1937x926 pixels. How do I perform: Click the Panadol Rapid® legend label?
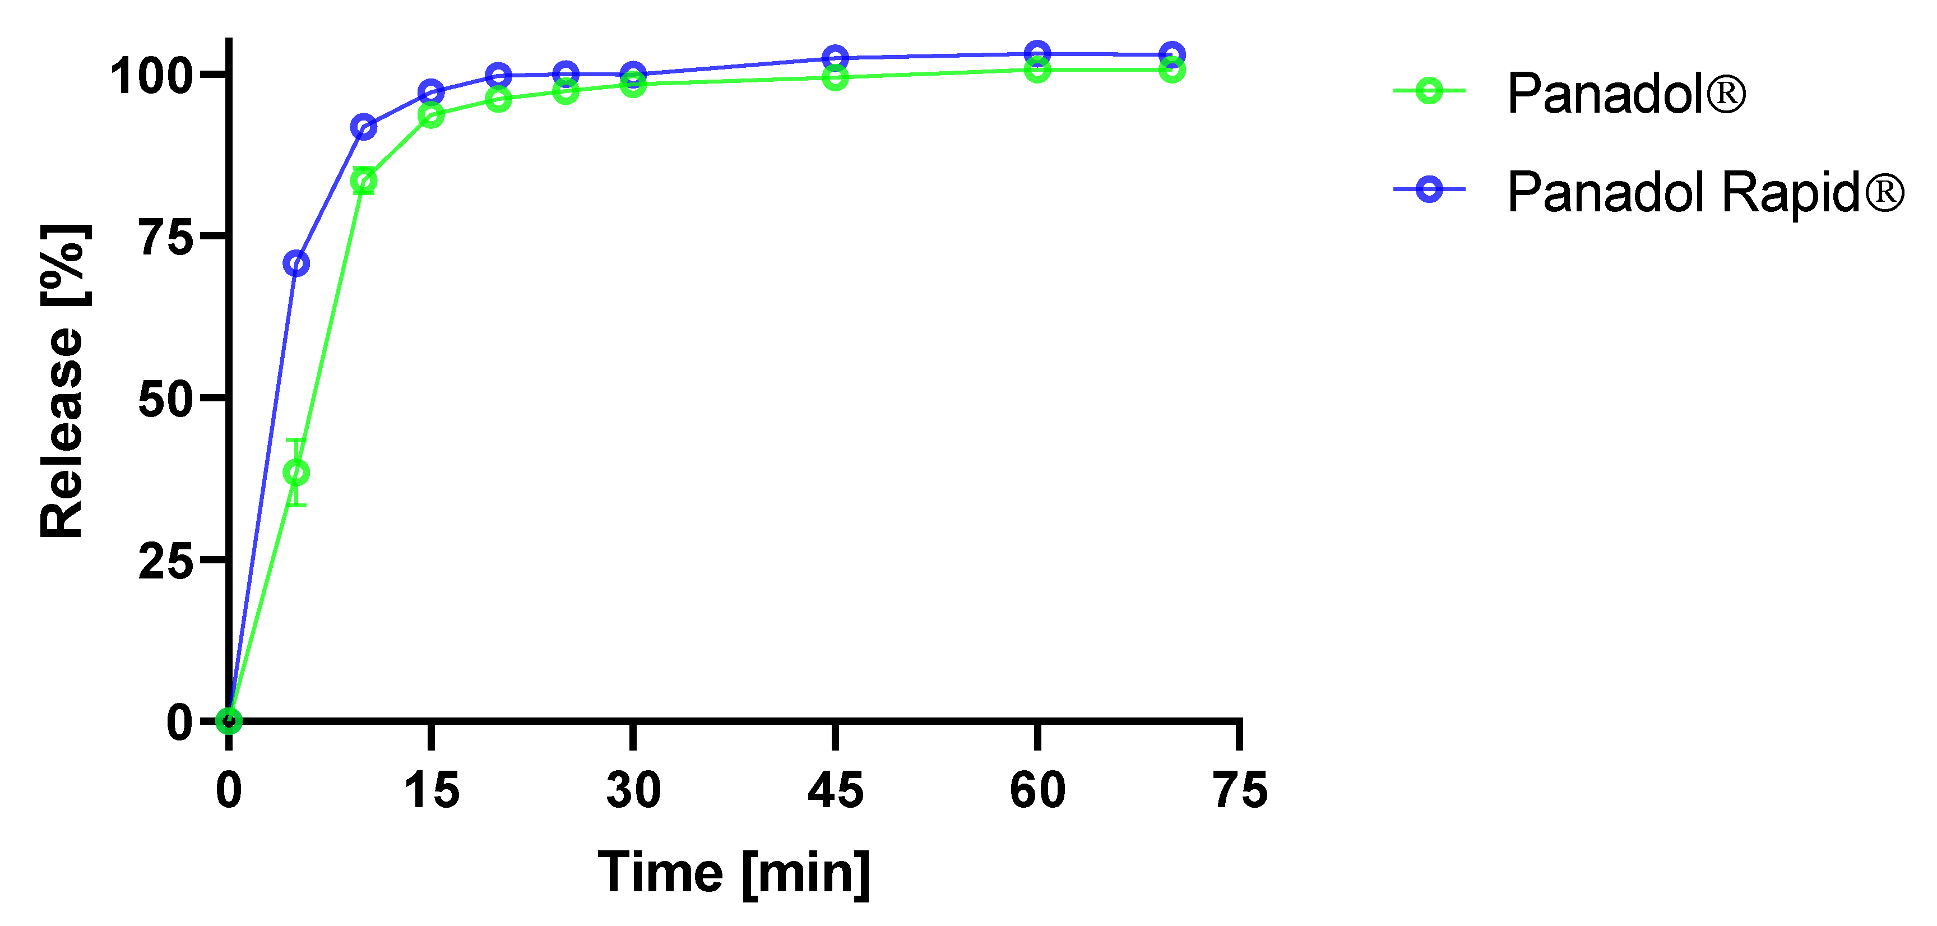click(x=1706, y=193)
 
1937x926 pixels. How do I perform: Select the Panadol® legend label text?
click(x=1626, y=94)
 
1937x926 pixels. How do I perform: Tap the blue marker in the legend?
click(x=1429, y=189)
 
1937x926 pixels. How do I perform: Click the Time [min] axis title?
click(x=733, y=873)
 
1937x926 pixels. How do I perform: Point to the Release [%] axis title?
click(x=63, y=381)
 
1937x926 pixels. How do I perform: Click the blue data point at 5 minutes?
click(x=296, y=263)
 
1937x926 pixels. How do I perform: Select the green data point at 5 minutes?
click(x=296, y=473)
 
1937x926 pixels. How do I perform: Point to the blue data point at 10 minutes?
click(x=363, y=127)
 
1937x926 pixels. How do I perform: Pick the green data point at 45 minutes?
click(x=835, y=77)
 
